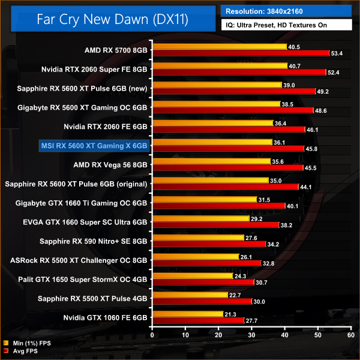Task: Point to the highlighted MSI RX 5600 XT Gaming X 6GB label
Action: pos(94,145)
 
